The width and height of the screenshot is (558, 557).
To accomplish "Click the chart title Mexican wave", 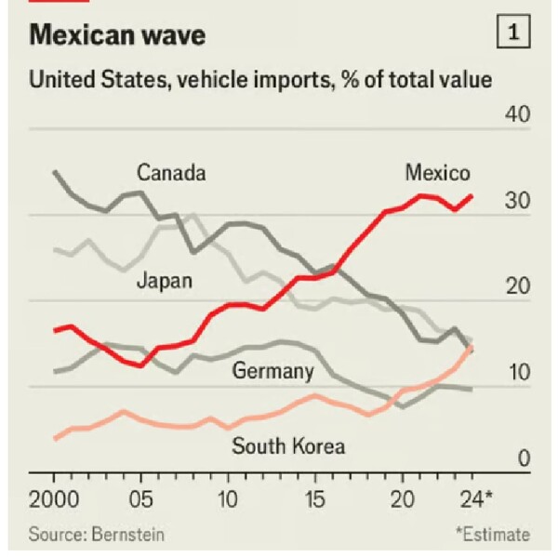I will point(118,35).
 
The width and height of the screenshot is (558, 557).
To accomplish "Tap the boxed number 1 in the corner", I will point(514,34).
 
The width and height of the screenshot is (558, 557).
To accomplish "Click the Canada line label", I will point(171,173).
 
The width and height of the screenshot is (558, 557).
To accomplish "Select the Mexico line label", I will point(437,173).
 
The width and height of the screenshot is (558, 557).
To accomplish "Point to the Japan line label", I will point(165,281).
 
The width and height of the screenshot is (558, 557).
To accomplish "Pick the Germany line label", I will point(272,371).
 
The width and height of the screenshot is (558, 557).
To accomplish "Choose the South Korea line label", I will point(288,446).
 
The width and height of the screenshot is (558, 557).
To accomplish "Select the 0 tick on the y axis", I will point(524,458).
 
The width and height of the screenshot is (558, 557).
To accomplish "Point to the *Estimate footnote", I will point(492,535).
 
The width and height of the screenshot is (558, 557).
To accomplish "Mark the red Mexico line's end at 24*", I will point(472,196).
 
